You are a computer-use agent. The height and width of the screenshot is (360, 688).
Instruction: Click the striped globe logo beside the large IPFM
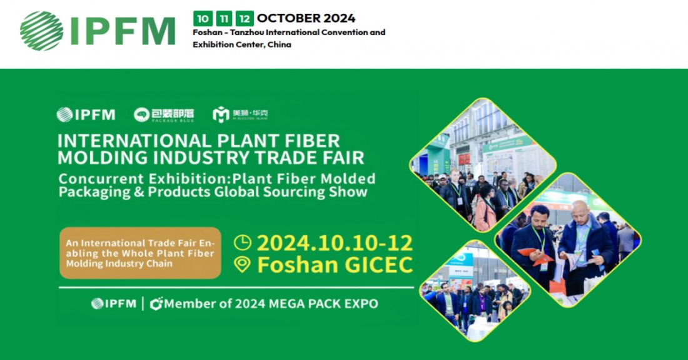pos(41,31)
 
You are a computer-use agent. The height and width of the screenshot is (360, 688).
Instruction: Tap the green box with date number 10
pos(201,18)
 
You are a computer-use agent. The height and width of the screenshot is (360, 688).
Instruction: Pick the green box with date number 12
pos(245,18)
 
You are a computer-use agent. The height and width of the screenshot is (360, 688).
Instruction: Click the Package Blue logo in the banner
pos(164,115)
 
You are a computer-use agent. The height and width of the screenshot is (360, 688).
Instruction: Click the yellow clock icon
pos(242,242)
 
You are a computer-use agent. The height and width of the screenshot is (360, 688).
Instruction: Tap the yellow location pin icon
pos(242,265)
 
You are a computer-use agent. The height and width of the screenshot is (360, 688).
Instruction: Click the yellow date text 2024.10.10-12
pos(334,242)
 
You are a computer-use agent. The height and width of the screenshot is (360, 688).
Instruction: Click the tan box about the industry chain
pos(140,252)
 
